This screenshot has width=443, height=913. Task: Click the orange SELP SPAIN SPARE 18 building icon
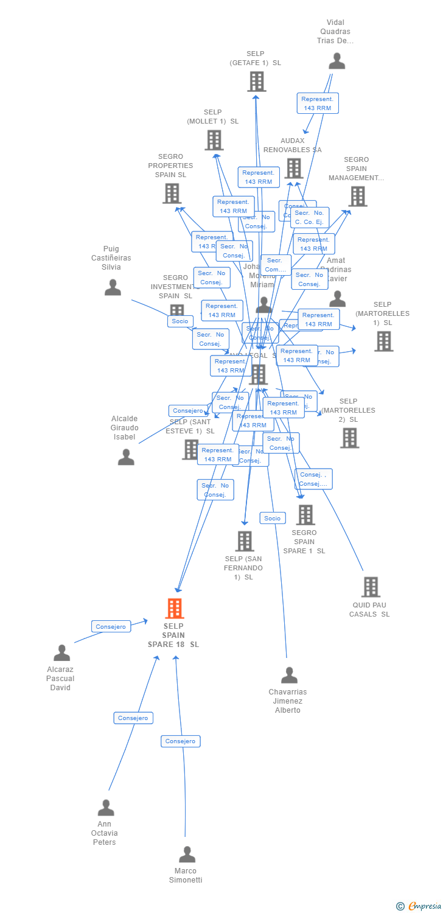pyautogui.click(x=175, y=608)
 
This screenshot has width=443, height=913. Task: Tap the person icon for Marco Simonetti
pyautogui.click(x=187, y=854)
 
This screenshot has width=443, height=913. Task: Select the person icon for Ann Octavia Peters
pyautogui.click(x=106, y=808)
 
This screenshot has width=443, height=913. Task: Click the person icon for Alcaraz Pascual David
pyautogui.click(x=61, y=652)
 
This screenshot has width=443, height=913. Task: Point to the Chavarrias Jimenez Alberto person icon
pyautogui.click(x=289, y=675)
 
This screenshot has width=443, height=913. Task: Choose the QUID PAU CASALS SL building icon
pyautogui.click(x=371, y=587)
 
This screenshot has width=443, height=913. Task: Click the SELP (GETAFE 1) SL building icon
pyautogui.click(x=257, y=81)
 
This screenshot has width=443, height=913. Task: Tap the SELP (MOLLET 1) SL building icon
pyautogui.click(x=214, y=140)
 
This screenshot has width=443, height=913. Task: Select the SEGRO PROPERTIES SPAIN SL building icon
pyautogui.click(x=172, y=194)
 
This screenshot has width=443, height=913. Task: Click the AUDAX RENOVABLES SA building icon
pyautogui.click(x=294, y=169)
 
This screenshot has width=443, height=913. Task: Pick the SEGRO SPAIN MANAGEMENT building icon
pyautogui.click(x=358, y=196)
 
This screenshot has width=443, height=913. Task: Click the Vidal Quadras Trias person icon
pyautogui.click(x=337, y=61)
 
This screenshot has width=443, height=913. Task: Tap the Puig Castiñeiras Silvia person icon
pyautogui.click(x=113, y=287)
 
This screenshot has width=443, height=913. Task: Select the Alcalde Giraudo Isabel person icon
pyautogui.click(x=126, y=456)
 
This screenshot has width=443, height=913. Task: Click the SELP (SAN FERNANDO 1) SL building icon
pyautogui.click(x=244, y=540)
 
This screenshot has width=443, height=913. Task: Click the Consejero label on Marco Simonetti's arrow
pyautogui.click(x=181, y=741)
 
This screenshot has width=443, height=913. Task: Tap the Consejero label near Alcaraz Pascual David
pyautogui.click(x=111, y=626)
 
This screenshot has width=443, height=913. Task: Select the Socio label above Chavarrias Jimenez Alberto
pyautogui.click(x=273, y=518)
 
